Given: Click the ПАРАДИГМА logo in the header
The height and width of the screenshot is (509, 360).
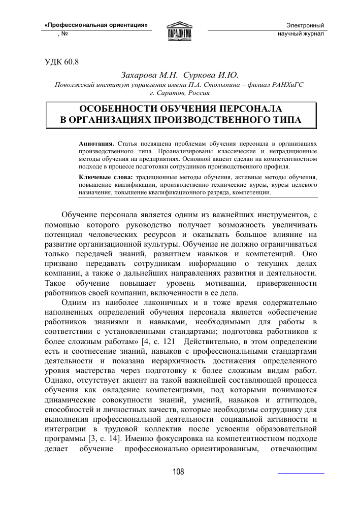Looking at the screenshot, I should point(180,29).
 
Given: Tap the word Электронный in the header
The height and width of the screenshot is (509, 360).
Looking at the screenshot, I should point(305,25).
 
